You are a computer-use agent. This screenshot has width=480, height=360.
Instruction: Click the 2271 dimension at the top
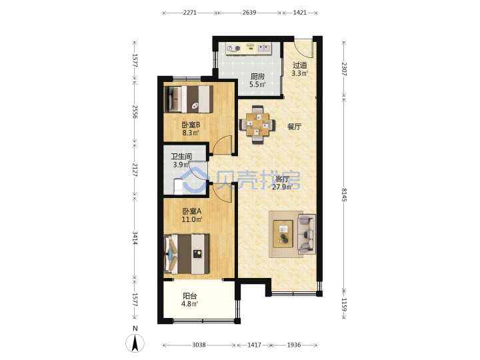(x=190, y=13)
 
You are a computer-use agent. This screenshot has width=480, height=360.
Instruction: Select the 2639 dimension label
(x=249, y=13)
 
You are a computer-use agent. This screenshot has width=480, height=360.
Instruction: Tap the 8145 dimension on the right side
(x=344, y=195)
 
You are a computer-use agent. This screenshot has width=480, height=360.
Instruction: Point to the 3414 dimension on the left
(x=135, y=238)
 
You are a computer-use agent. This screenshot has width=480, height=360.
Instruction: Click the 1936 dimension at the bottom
(x=294, y=345)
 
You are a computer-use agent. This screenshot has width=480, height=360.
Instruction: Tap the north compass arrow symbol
(x=135, y=343)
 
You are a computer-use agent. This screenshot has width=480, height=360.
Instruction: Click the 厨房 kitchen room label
(x=257, y=76)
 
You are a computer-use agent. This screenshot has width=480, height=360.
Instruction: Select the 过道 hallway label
(x=300, y=65)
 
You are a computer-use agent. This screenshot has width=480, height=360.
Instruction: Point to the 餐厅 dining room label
(x=294, y=127)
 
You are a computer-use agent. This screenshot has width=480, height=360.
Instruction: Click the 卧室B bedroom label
(x=191, y=125)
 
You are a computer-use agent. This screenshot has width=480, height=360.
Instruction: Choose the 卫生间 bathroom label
(x=181, y=157)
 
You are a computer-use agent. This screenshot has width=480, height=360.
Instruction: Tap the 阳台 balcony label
(x=190, y=296)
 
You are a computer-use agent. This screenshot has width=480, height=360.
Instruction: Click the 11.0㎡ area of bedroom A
(x=192, y=219)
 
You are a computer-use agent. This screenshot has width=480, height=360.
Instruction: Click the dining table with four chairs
(x=257, y=124)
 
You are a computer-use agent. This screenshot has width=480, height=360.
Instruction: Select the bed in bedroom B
(x=189, y=99)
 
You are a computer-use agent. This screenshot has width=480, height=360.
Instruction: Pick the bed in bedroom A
(x=187, y=254)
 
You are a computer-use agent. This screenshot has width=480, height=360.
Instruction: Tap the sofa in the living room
(x=307, y=234)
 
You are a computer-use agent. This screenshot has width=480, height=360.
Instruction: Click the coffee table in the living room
(x=283, y=233)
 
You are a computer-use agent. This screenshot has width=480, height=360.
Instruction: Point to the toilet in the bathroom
(x=179, y=187)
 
